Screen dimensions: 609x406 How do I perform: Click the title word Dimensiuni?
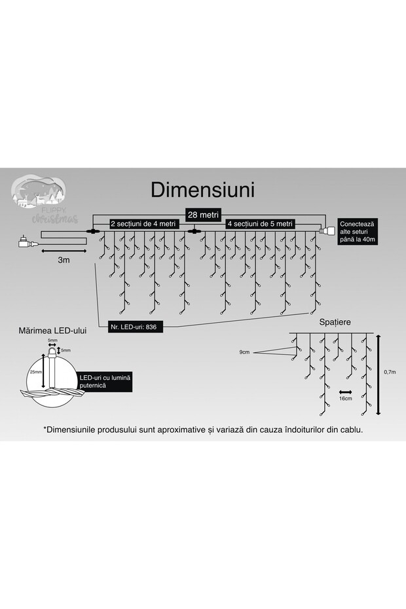tap(202, 189)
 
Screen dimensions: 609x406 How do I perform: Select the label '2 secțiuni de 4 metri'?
tap(143, 224)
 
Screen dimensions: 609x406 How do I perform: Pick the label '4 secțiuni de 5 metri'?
tap(261, 224)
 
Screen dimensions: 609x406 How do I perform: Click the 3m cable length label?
tap(64, 260)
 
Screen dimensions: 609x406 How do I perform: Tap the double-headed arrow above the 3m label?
tap(64, 250)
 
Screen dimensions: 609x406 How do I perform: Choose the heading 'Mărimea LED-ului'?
tap(54, 331)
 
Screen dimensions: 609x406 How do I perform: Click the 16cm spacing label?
tap(346, 397)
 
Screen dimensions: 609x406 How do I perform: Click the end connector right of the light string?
tap(325, 231)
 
